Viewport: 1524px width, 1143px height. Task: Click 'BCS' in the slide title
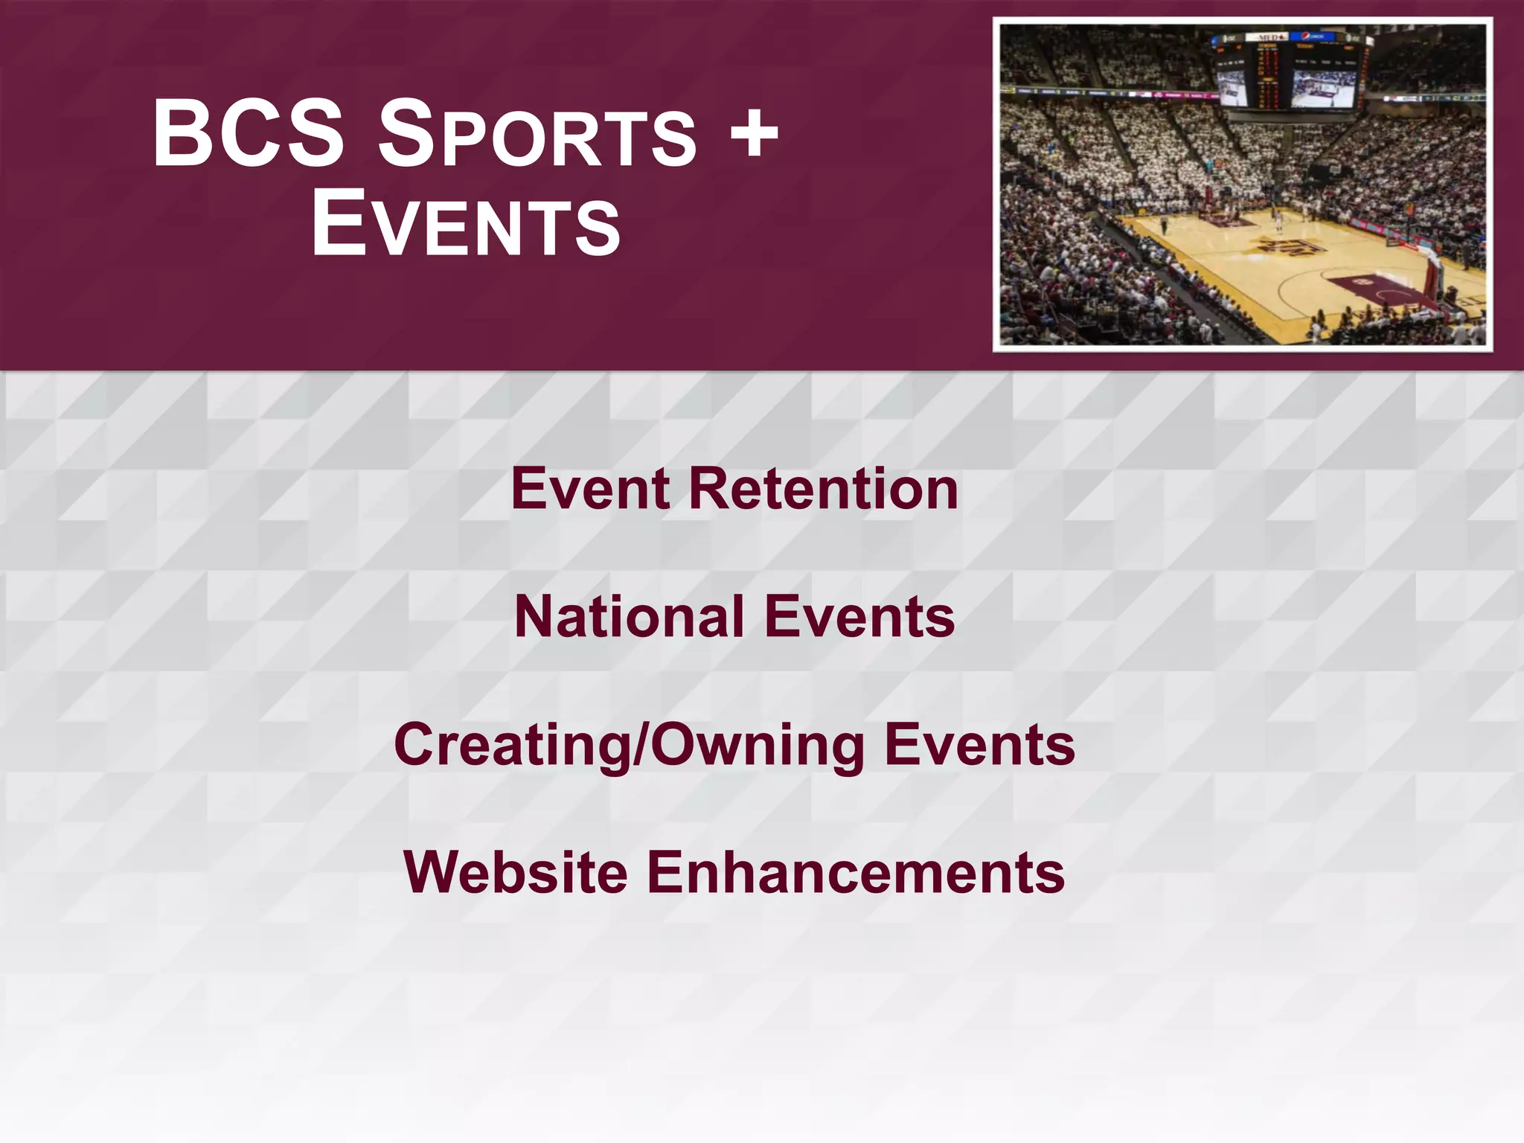[249, 134]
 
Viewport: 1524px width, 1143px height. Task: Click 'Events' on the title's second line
[465, 224]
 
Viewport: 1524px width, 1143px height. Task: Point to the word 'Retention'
[823, 489]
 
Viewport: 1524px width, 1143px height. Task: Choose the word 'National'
[629, 617]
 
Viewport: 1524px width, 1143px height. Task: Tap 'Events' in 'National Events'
[859, 617]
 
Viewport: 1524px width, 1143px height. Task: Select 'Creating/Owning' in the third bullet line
[629, 746]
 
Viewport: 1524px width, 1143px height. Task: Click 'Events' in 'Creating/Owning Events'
[979, 745]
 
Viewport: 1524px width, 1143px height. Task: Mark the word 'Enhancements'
[856, 872]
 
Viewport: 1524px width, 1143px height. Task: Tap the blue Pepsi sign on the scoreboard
[1316, 36]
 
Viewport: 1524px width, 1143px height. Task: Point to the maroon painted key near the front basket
[1377, 289]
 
